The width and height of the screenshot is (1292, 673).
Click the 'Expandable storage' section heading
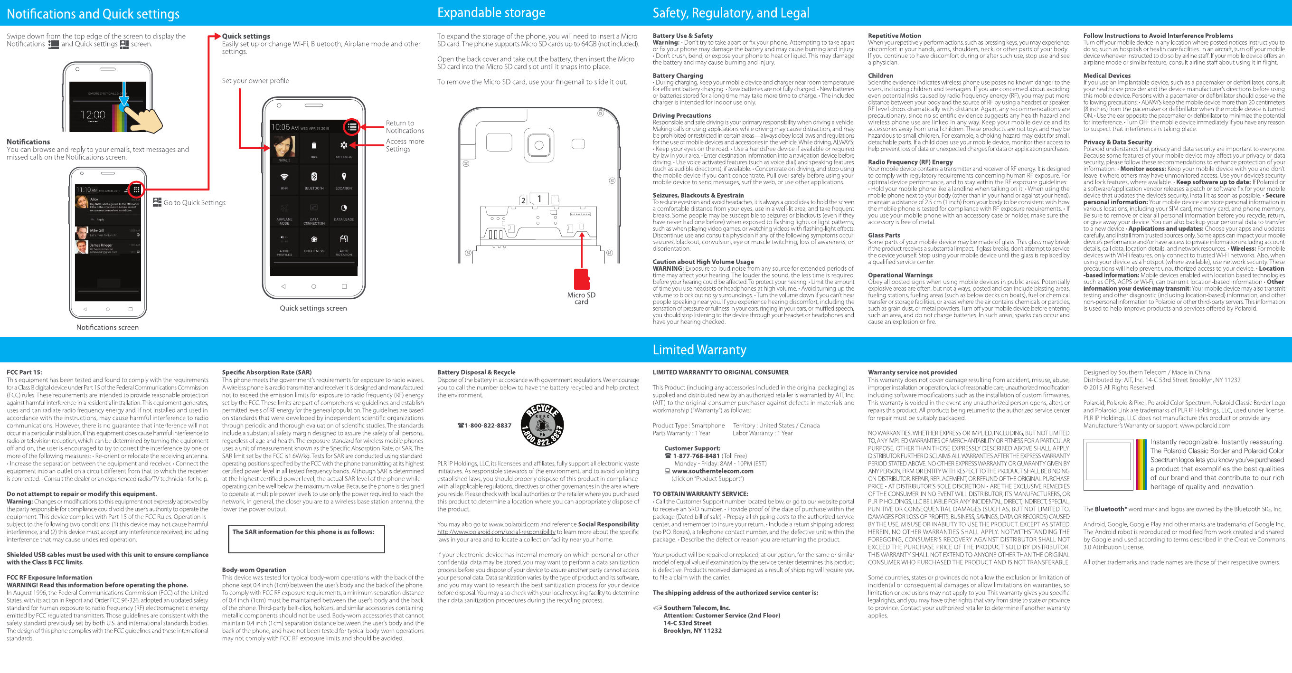click(490, 12)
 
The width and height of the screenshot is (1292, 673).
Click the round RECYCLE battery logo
click(542, 425)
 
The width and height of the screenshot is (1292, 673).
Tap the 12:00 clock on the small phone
click(93, 115)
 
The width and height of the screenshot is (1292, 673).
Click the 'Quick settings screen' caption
click(313, 308)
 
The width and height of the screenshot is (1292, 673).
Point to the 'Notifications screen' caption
click(107, 327)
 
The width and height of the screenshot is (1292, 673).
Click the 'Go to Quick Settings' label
click(194, 203)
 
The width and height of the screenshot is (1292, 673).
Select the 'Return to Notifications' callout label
click(404, 127)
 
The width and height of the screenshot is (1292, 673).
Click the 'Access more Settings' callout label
click(404, 145)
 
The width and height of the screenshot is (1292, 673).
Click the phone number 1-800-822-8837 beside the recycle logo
click(487, 426)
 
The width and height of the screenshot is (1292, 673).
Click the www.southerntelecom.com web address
click(712, 471)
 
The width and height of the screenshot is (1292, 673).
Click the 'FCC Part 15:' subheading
click(24, 372)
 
